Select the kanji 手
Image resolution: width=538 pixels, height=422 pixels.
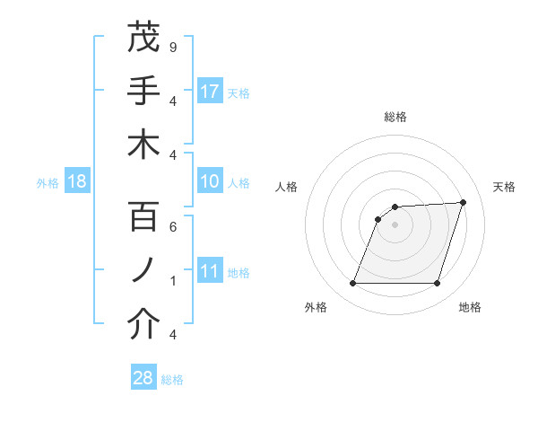click(143, 91)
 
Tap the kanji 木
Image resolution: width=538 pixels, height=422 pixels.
click(143, 145)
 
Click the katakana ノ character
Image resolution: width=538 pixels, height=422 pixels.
click(143, 271)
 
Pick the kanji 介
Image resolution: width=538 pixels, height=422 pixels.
click(143, 325)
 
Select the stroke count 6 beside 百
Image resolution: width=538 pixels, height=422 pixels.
click(172, 227)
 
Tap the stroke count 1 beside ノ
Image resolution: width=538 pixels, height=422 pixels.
click(172, 281)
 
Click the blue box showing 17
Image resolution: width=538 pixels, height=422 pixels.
click(210, 91)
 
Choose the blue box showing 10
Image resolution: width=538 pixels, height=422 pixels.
click(210, 182)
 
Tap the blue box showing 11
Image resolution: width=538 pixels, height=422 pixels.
click(210, 272)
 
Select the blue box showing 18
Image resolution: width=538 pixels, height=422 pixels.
click(77, 182)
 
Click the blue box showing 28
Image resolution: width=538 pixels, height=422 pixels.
click(143, 378)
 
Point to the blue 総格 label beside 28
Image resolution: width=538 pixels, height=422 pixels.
click(172, 380)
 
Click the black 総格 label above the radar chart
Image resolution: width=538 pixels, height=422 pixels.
click(395, 117)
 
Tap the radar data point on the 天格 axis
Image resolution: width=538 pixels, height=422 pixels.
click(464, 202)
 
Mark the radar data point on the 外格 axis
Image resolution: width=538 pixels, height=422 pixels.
click(352, 284)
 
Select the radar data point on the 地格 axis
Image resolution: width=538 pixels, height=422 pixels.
click(437, 284)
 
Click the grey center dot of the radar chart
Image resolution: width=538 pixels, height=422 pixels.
click(395, 224)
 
